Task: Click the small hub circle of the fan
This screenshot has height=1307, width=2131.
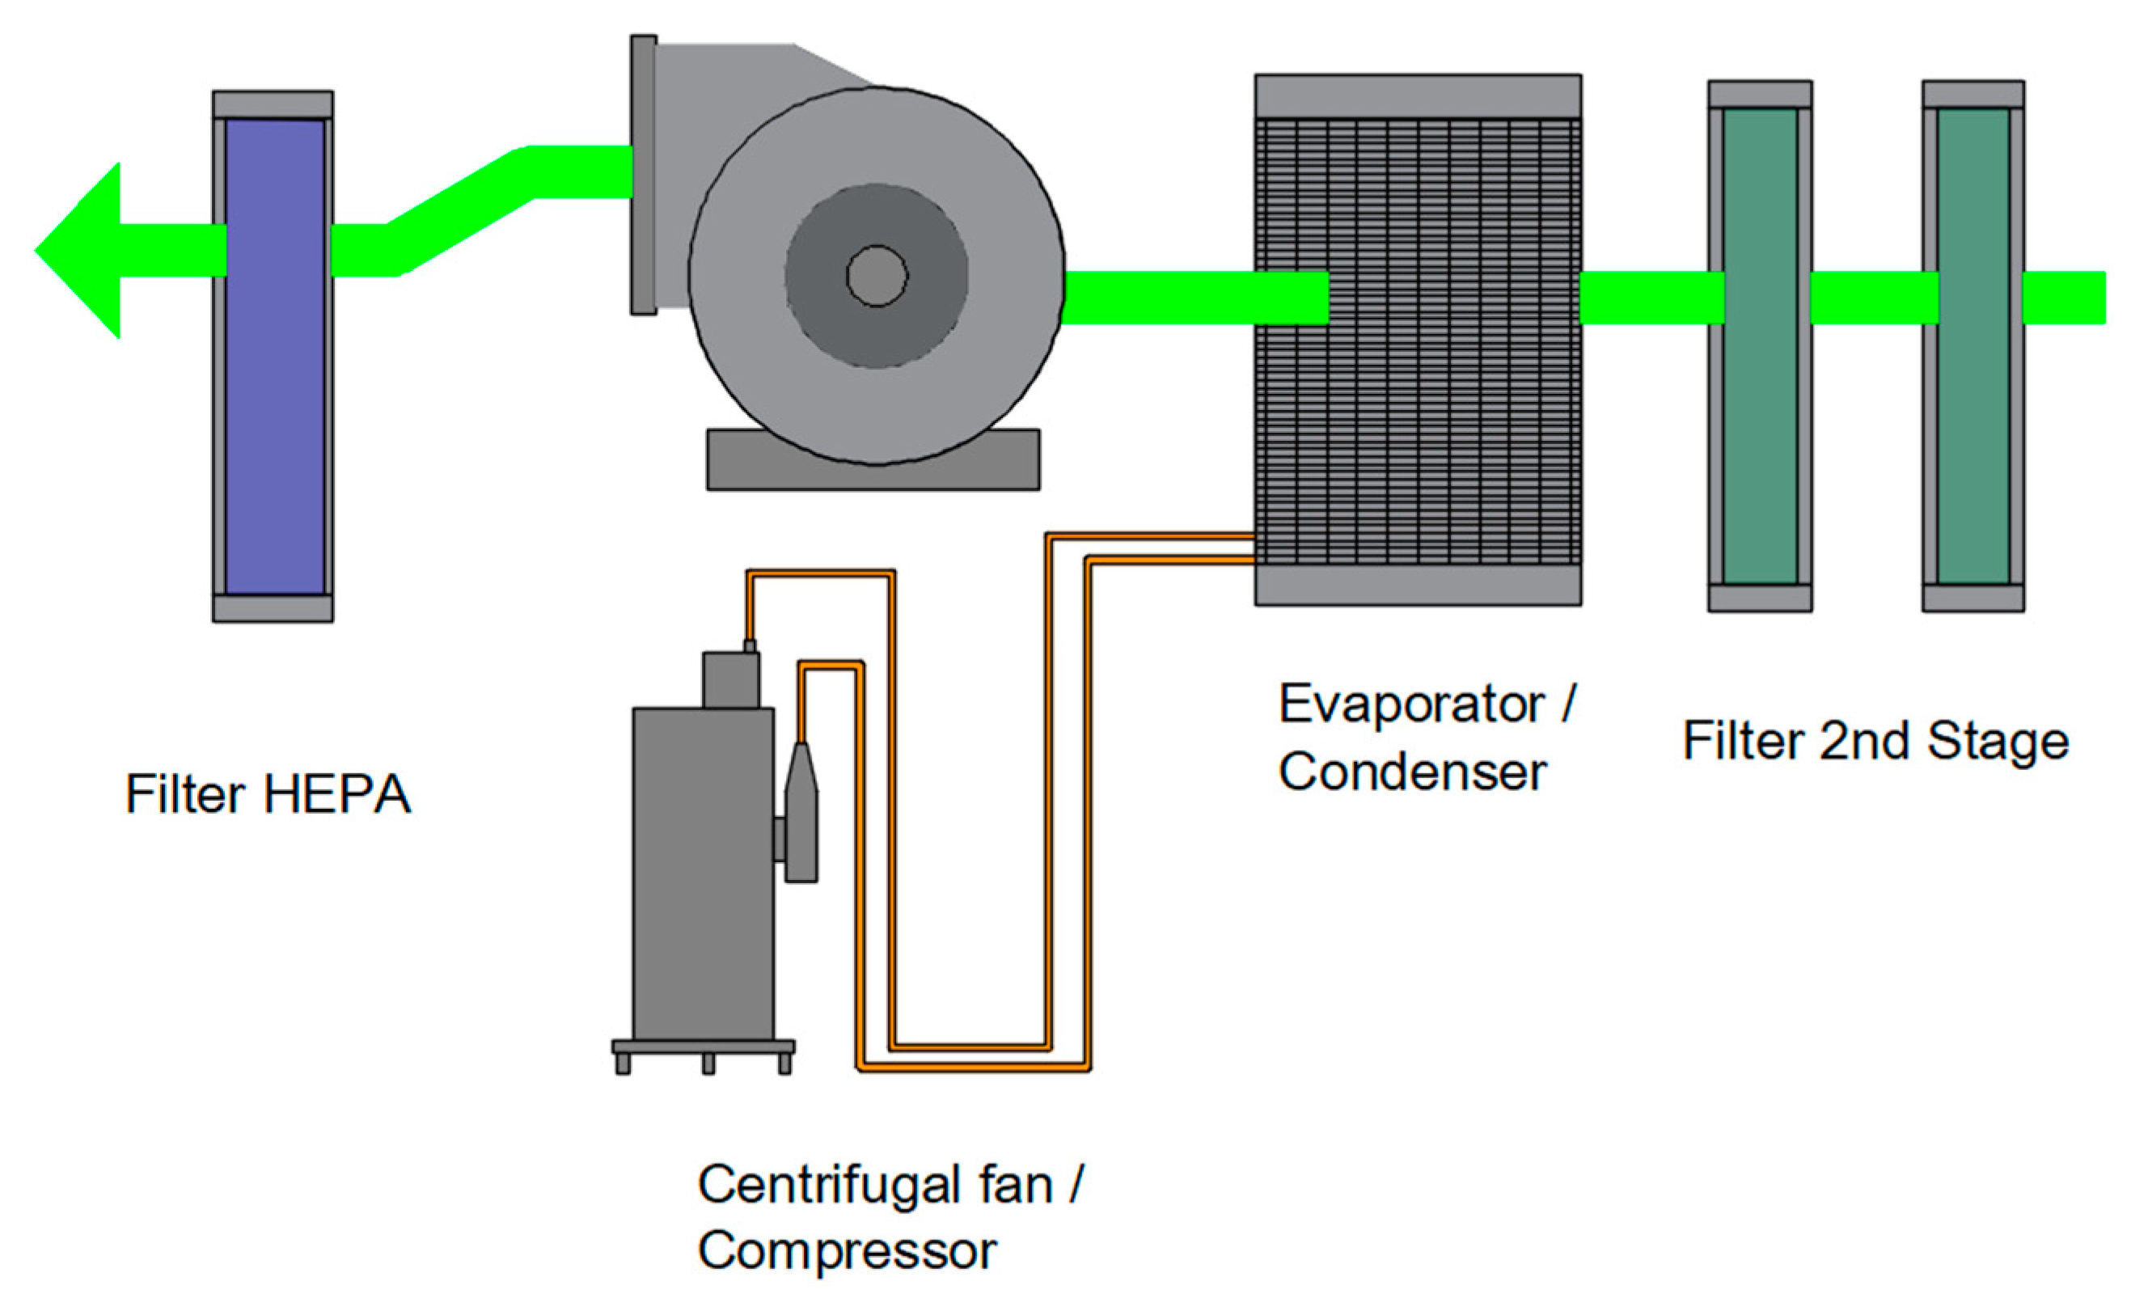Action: point(876,276)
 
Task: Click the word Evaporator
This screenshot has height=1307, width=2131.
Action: point(1411,704)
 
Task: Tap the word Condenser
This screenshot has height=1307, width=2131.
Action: point(1411,772)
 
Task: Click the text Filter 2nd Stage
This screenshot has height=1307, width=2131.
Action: point(1875,742)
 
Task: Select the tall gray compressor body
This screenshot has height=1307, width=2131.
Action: point(702,873)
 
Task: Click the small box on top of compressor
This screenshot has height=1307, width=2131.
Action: point(731,681)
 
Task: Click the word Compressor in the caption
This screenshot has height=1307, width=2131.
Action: point(847,1250)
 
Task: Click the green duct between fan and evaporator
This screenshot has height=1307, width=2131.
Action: point(1194,298)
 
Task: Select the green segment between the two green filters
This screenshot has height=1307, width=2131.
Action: point(1874,298)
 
